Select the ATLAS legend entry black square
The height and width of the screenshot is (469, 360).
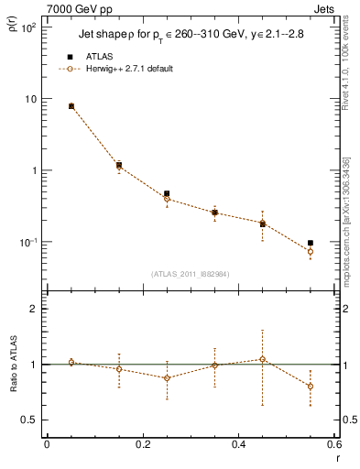(x=71, y=57)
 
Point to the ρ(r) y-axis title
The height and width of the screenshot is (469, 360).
(x=13, y=33)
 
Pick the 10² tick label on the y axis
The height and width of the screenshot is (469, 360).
(x=27, y=28)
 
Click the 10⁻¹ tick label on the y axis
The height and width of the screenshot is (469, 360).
(x=27, y=243)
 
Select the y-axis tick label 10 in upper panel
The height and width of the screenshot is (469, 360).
(x=29, y=100)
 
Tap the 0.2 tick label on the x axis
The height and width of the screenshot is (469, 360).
(x=142, y=444)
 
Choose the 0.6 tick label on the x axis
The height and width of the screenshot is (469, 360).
(x=334, y=444)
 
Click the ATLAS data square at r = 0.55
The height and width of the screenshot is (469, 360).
(x=311, y=243)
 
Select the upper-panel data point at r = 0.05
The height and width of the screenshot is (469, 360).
(x=71, y=106)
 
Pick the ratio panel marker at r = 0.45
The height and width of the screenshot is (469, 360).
(x=262, y=359)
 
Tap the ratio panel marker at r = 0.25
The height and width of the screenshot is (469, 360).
(x=167, y=377)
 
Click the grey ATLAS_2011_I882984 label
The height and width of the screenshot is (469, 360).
(x=190, y=274)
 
